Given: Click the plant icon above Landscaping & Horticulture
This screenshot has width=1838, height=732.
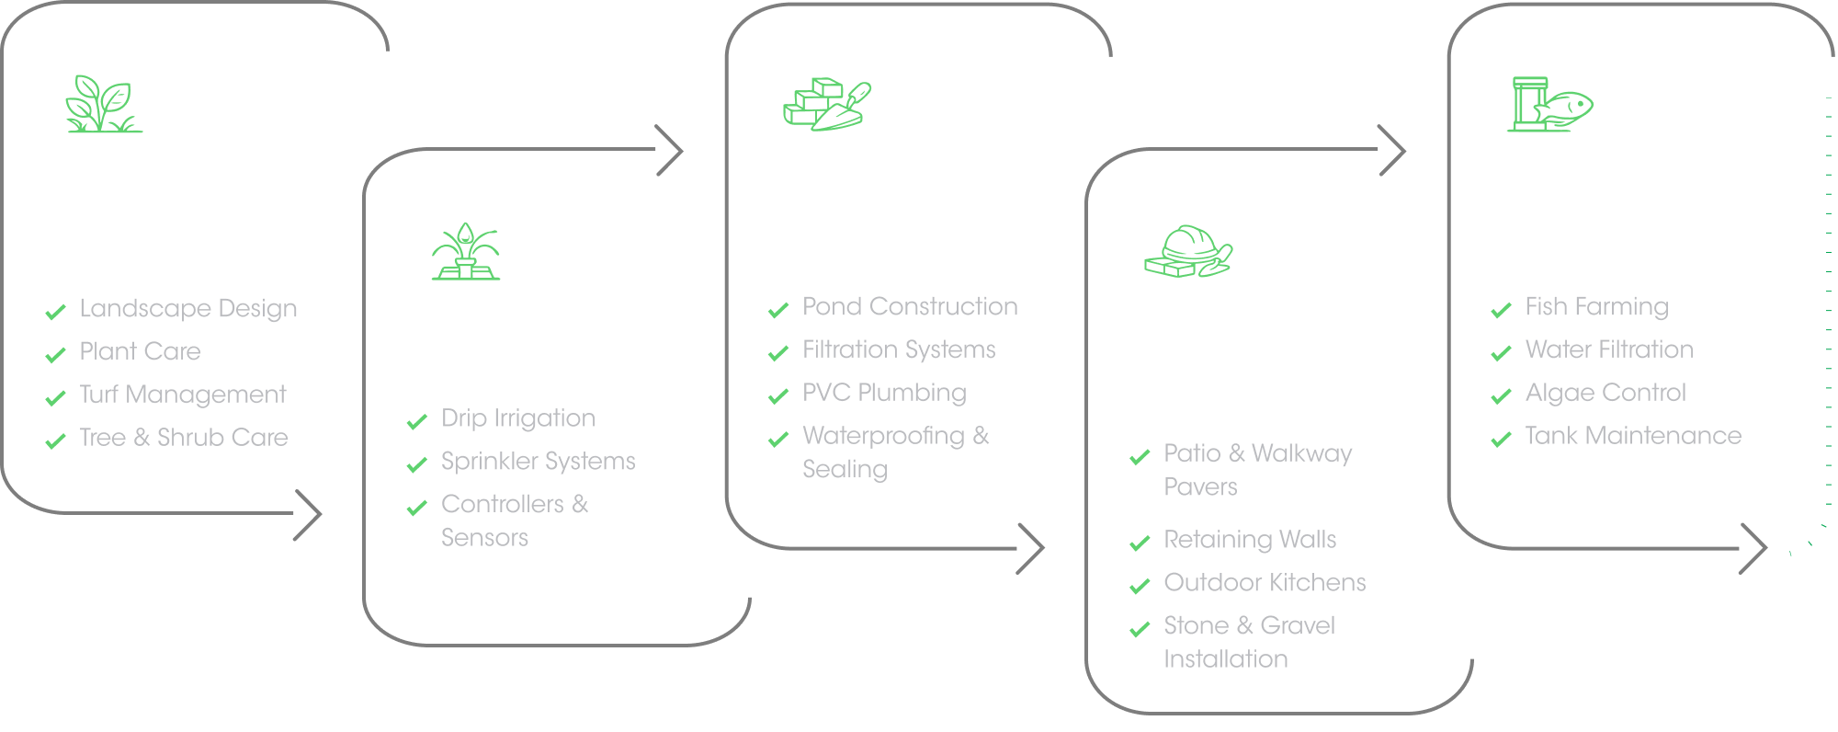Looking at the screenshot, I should click(x=104, y=104).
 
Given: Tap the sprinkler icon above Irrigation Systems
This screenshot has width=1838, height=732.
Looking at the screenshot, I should click(x=466, y=251).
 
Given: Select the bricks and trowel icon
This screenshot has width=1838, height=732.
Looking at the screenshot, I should click(x=827, y=104).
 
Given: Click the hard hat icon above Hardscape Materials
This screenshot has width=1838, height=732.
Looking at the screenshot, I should click(x=1188, y=251).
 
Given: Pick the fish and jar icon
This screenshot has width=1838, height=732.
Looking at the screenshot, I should click(x=1549, y=104).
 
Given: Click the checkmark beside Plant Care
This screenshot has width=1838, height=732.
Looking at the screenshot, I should click(x=56, y=354).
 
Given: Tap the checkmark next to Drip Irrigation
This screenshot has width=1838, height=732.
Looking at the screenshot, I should click(x=417, y=421).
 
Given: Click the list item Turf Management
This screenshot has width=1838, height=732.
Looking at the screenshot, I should click(x=183, y=395).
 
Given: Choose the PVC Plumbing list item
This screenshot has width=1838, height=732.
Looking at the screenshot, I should click(x=884, y=393).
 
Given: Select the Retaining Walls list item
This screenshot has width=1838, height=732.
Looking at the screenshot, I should click(x=1250, y=540).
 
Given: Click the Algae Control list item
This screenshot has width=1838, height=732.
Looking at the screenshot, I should click(x=1605, y=393).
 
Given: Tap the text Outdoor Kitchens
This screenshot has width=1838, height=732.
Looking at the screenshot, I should click(x=1265, y=583).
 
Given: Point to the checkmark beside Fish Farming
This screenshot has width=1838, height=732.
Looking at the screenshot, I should click(x=1502, y=310).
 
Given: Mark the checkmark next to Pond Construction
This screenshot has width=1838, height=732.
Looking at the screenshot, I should click(x=778, y=310).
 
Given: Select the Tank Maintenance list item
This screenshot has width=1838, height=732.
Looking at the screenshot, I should click(x=1633, y=436).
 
